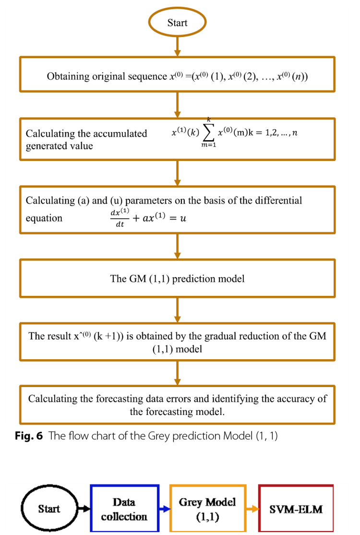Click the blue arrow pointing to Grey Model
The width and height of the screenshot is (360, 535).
coord(165,509)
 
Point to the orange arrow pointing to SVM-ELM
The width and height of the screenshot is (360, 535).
coord(252,509)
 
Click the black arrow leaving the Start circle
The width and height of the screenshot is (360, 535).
coord(84,509)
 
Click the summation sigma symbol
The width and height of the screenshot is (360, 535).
coord(208,133)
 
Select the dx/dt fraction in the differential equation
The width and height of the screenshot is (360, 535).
coord(120,218)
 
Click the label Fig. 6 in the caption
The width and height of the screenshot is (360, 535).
coord(29,436)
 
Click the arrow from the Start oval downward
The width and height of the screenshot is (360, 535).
coord(177,46)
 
